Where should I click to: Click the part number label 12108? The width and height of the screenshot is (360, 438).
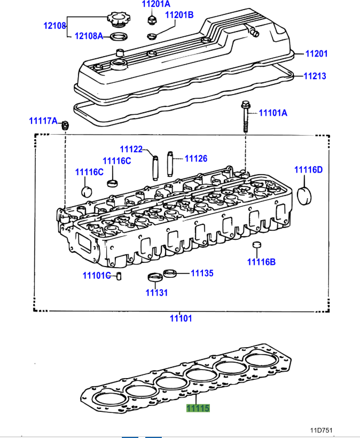coord(54,25)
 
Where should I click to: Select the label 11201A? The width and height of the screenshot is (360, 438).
coord(155,4)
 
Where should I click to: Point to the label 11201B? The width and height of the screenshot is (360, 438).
coord(179,15)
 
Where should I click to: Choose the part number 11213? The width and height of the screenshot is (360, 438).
coord(315,76)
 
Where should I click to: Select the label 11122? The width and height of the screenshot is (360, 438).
coord(131,149)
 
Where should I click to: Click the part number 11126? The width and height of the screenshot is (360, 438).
coord(196,159)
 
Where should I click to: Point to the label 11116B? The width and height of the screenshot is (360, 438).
coord(261,262)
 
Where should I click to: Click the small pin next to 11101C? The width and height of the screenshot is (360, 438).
coord(120,276)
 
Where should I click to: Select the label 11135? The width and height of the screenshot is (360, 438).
coord(202,273)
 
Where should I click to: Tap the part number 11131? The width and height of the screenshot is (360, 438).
coord(156,293)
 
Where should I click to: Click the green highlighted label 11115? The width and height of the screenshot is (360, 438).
coord(198,409)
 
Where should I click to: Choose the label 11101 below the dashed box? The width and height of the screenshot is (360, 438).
coord(181,318)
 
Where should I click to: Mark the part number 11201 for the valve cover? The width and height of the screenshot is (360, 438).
coord(316,54)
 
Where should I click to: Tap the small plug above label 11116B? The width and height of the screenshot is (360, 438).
coord(256,245)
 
